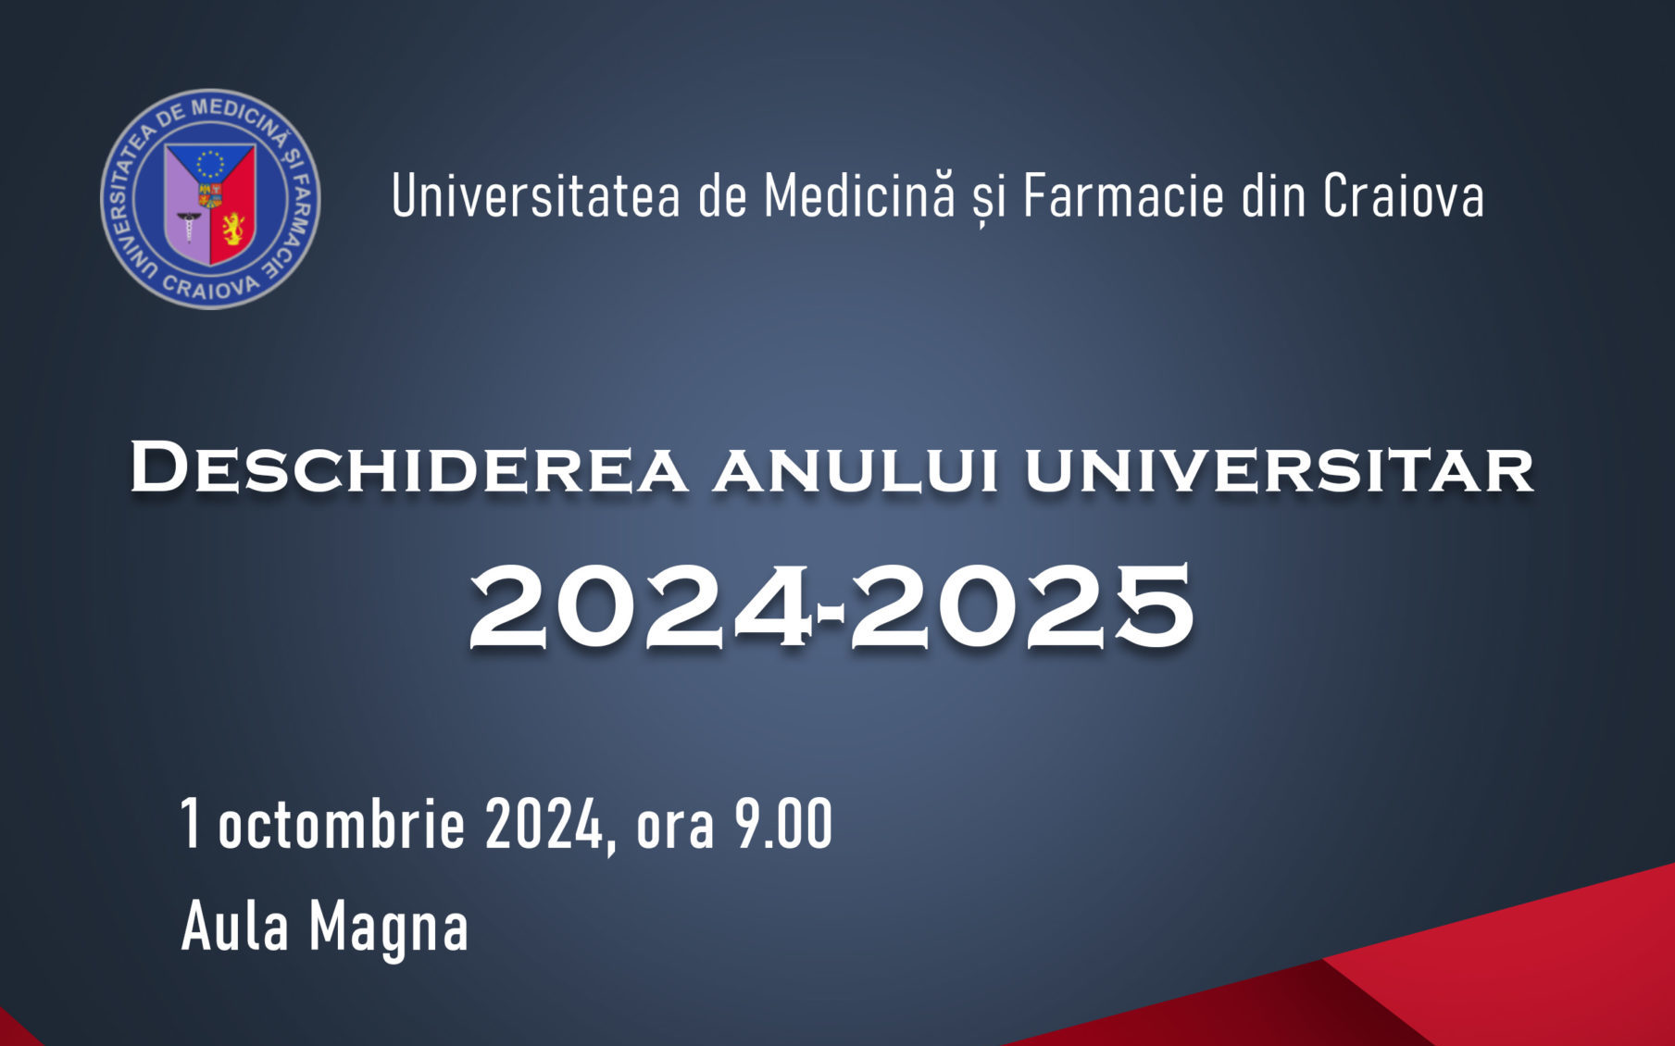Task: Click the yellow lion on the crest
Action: (232, 228)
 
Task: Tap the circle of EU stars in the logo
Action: (211, 164)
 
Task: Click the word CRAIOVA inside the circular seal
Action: (211, 289)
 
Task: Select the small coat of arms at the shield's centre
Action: (210, 195)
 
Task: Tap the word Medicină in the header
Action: (858, 196)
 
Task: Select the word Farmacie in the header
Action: (1123, 196)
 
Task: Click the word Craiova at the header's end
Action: (1403, 196)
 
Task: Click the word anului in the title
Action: (856, 470)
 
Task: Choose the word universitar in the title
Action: (1279, 470)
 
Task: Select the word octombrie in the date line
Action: (341, 824)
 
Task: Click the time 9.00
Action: (783, 824)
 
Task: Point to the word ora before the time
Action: (675, 826)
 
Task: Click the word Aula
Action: (235, 927)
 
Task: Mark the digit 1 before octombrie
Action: (190, 824)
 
